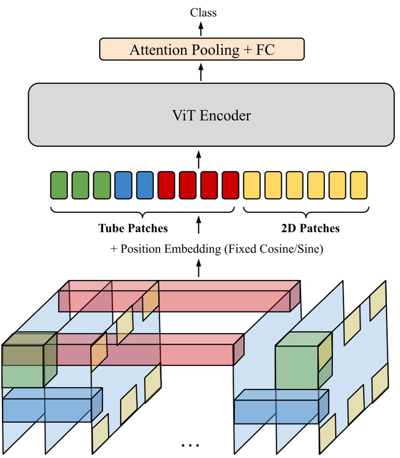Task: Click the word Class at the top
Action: point(203,12)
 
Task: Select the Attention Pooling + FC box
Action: point(201,49)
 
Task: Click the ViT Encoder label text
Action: point(211,116)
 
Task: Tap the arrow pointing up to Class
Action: point(201,29)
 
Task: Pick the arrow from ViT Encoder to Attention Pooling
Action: point(201,71)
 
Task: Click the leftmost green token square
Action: point(59,185)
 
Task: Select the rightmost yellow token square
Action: point(359,185)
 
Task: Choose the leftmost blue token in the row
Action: point(123,185)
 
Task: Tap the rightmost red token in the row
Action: point(231,185)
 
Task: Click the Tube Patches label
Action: point(133,229)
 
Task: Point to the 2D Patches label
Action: point(310,229)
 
